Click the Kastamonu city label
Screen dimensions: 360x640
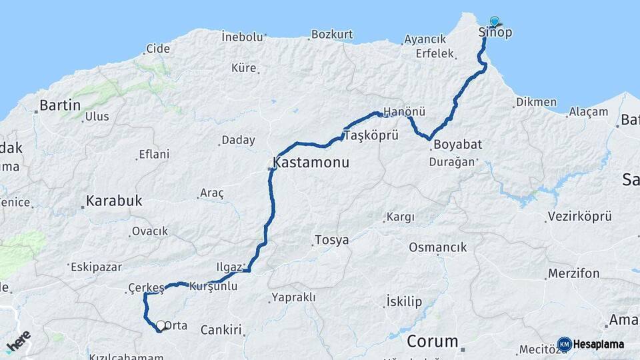coord(311,163)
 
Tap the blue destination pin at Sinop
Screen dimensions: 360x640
coord(494,21)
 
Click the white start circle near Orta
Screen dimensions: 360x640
coord(160,325)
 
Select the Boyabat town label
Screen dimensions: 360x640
coord(457,145)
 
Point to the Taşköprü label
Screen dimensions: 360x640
coord(371,135)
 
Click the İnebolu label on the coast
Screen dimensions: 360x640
coord(243,37)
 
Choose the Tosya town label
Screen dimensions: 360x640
coord(331,240)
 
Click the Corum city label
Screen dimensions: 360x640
coord(432,342)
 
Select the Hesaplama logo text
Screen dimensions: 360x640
coord(599,345)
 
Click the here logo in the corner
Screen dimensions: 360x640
coord(18,341)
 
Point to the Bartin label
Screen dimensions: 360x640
coord(60,105)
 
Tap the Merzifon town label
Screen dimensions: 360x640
coord(573,273)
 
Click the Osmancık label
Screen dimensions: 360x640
coord(437,247)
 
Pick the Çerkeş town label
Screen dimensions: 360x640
coord(145,288)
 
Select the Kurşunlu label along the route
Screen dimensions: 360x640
coord(213,286)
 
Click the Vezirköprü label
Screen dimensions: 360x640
coord(579,217)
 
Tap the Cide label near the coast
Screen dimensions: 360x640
coord(158,49)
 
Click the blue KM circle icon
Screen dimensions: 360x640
coord(564,345)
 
